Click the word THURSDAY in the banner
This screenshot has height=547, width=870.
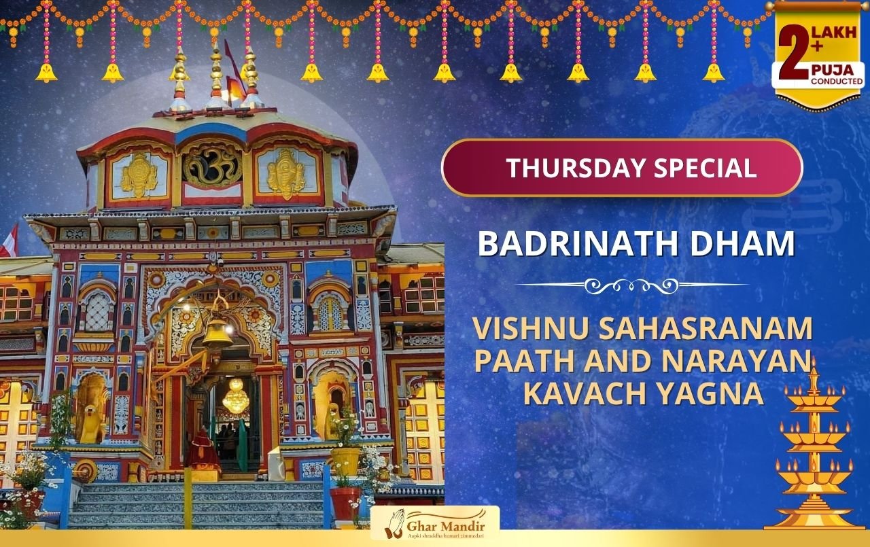click(576, 168)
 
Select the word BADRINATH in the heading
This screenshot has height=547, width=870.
click(578, 243)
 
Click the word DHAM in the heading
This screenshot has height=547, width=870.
click(742, 243)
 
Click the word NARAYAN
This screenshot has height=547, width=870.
click(737, 361)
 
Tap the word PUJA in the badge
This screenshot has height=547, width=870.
click(833, 70)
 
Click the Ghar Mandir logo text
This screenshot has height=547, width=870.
click(445, 527)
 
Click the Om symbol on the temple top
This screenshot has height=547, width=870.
click(213, 165)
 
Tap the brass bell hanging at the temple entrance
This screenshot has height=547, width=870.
click(217, 333)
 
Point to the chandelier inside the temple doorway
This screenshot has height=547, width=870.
click(235, 396)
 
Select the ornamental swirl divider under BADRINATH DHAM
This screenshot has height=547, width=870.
click(632, 285)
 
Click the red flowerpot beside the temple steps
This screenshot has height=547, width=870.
click(345, 504)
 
